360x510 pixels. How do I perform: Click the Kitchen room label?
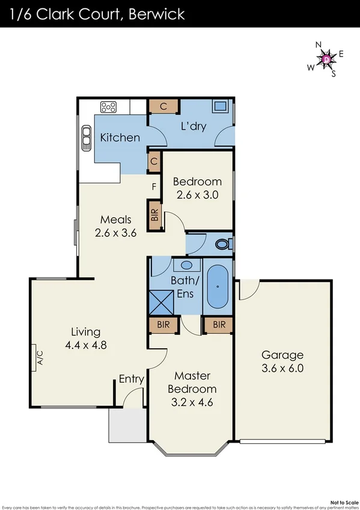(x=120, y=138)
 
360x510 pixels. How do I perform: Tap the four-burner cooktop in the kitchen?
(x=109, y=107)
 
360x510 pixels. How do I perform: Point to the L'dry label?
(x=194, y=127)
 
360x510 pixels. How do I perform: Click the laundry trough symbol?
(x=219, y=108)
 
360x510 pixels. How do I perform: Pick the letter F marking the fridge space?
(x=154, y=186)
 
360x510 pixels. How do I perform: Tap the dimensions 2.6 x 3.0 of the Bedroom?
(x=197, y=195)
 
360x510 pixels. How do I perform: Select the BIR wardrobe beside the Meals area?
(x=155, y=217)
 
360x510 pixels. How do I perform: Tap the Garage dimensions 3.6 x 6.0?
(x=282, y=368)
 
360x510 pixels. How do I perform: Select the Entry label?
(x=131, y=379)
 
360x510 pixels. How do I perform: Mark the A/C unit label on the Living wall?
(x=41, y=358)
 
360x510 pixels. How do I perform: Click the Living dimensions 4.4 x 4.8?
(x=86, y=345)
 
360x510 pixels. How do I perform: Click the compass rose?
(x=326, y=59)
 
